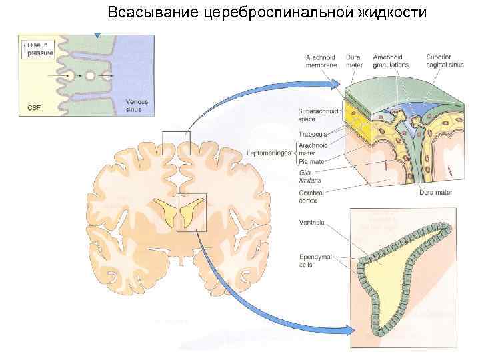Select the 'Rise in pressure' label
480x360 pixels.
(x=38, y=47)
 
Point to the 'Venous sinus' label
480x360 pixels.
(x=136, y=105)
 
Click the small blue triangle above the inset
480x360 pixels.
(x=98, y=33)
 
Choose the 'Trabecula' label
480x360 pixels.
(x=313, y=133)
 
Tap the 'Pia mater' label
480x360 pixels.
(x=313, y=161)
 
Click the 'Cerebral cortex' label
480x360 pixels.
(x=311, y=196)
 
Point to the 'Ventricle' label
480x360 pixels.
(x=311, y=222)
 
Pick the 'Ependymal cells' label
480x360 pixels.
(x=313, y=260)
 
